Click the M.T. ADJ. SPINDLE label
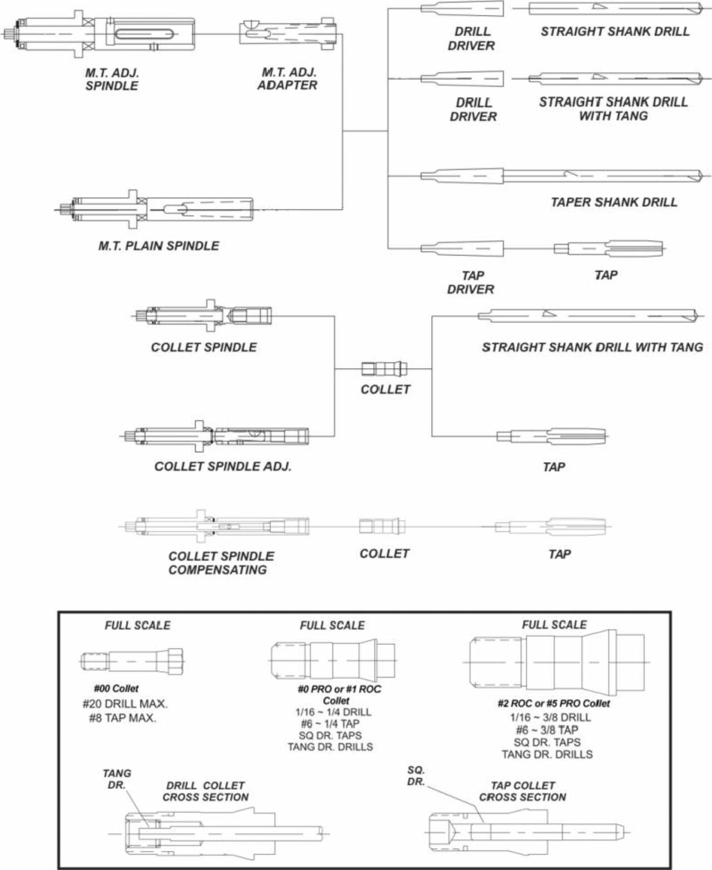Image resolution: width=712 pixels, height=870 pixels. (x=112, y=79)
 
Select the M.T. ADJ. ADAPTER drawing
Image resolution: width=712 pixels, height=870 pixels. (x=288, y=34)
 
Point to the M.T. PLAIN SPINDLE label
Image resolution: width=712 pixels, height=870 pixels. (x=159, y=245)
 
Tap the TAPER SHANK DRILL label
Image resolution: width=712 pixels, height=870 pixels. (x=614, y=202)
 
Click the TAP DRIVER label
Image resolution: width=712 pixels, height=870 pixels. (x=471, y=282)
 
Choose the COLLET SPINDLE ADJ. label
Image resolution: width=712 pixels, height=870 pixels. (x=222, y=466)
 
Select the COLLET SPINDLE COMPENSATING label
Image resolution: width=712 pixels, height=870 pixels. (x=221, y=563)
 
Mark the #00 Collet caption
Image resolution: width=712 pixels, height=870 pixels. (x=116, y=689)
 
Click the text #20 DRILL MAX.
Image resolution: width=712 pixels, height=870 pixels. (x=125, y=704)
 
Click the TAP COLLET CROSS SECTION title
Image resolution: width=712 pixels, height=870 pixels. (x=522, y=791)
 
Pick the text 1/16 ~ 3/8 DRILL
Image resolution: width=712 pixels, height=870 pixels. (x=547, y=718)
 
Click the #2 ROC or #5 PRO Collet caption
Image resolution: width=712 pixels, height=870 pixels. (x=553, y=704)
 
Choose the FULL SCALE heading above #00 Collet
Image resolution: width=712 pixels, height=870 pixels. (x=137, y=625)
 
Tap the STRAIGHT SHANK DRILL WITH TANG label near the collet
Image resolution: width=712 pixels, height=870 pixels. (x=592, y=348)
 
